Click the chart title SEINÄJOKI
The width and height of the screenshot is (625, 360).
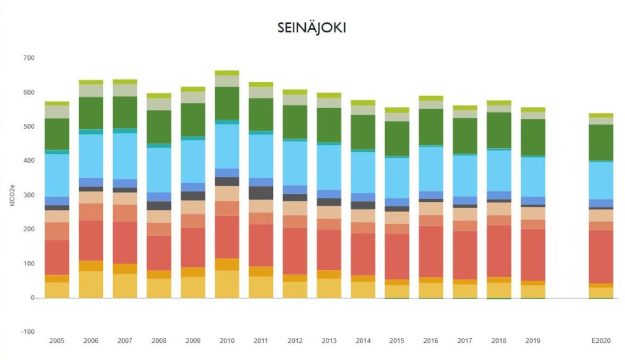click(311, 28)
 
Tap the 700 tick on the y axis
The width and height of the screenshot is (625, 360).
click(29, 58)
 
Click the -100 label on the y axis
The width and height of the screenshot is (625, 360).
click(27, 332)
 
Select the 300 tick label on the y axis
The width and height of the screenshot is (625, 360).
click(29, 195)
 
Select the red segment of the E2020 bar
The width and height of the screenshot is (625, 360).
click(601, 256)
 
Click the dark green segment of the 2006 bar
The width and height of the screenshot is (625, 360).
click(91, 113)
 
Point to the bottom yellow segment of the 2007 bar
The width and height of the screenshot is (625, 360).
click(125, 286)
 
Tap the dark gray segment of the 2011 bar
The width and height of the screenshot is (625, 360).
click(261, 193)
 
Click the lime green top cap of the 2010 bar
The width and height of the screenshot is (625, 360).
click(226, 73)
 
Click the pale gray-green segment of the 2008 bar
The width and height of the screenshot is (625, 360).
click(159, 104)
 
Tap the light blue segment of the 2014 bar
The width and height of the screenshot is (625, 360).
click(363, 172)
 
